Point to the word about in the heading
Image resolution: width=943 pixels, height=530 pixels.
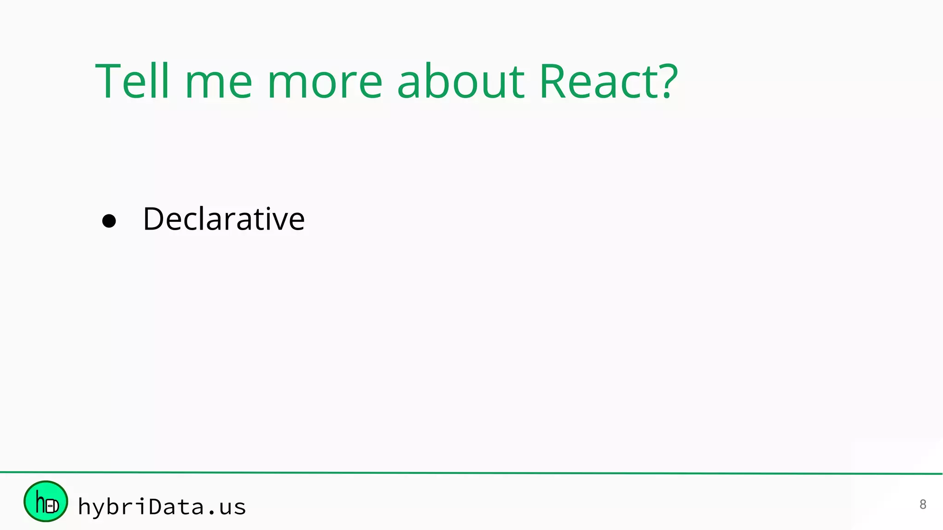tap(460, 82)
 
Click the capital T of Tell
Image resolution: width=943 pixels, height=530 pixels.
tap(108, 81)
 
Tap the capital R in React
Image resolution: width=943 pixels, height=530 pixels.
tap(553, 81)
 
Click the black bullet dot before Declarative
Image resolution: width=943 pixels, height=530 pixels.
tap(109, 221)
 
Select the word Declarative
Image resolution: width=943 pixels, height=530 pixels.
tap(224, 219)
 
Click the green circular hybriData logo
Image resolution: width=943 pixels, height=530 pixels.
tap(46, 501)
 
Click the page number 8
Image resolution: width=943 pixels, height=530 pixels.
tap(922, 504)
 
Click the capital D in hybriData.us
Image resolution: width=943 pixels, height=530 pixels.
tap(157, 506)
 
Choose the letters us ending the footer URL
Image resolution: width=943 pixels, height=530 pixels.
tap(233, 507)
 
